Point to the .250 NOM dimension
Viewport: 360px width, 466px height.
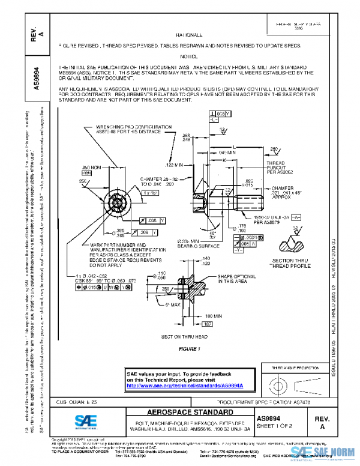[90, 168]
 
